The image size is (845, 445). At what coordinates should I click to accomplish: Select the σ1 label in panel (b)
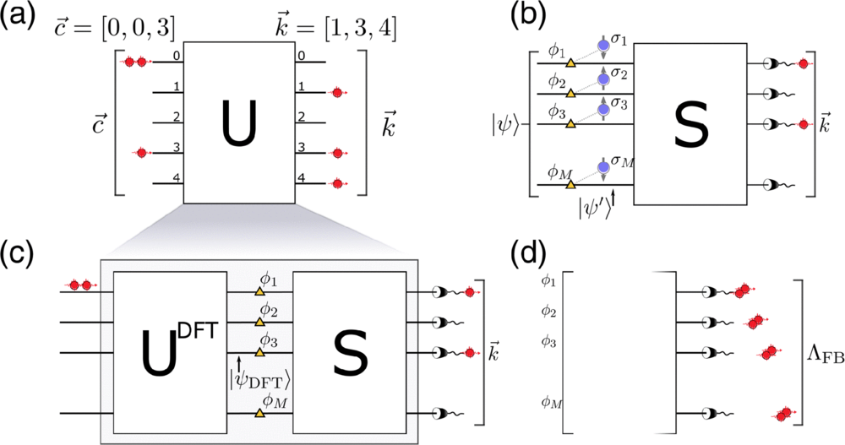624,42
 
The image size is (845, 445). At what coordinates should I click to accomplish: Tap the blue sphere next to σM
603,169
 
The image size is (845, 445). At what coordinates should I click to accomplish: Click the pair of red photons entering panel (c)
80,285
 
